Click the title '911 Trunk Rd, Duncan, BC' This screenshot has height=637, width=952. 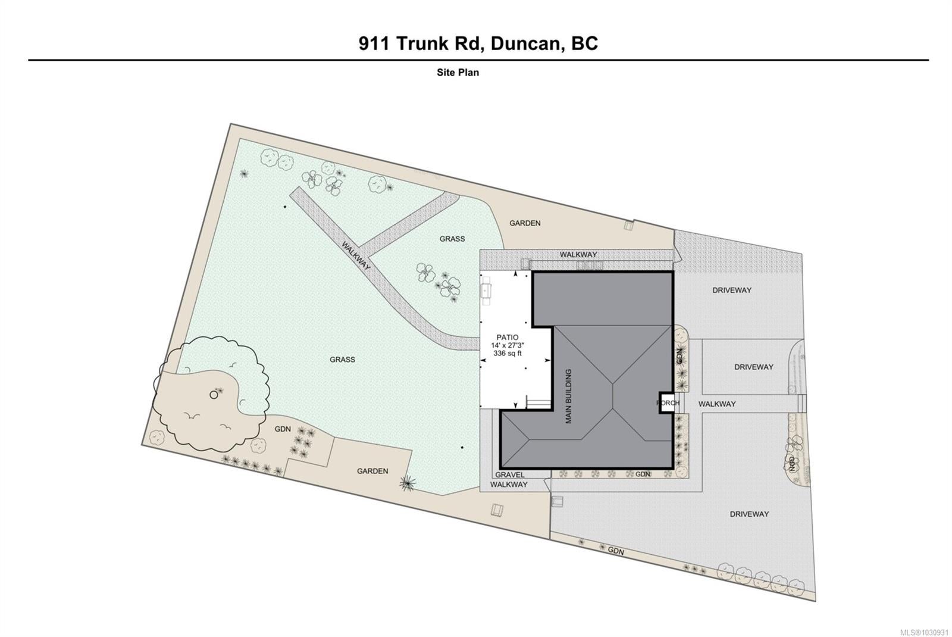click(478, 43)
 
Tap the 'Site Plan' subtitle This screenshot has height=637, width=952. click(458, 73)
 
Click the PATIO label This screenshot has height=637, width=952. click(508, 338)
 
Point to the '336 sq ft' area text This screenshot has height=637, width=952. click(508, 354)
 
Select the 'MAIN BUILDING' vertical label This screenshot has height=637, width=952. click(568, 396)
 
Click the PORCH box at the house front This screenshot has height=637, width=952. click(667, 402)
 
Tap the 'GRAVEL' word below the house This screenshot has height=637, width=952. click(509, 474)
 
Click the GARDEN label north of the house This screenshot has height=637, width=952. click(525, 223)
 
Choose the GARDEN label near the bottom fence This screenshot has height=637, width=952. click(372, 471)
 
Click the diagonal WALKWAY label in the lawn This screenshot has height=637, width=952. click(356, 255)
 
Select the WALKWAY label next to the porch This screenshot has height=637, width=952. click(717, 404)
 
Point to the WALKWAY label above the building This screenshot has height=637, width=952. click(578, 255)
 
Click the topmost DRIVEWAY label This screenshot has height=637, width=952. click(732, 290)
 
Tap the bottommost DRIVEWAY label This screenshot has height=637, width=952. click(749, 514)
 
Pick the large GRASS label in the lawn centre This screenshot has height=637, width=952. click(342, 360)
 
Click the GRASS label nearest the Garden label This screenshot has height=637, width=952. click(452, 239)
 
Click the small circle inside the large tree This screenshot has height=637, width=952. click(214, 395)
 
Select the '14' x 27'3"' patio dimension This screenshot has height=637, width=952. click(508, 345)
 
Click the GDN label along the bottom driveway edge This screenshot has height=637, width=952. click(616, 551)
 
